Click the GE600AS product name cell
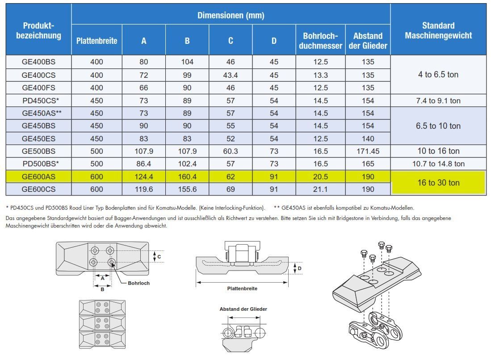click(x=38, y=177)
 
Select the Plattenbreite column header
click(x=97, y=41)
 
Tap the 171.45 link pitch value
click(x=368, y=151)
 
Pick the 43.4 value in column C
click(x=231, y=75)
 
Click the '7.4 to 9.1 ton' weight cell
click(x=438, y=101)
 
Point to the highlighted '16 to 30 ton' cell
click(x=438, y=182)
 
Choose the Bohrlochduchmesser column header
click(x=320, y=41)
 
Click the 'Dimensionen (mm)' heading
click(x=231, y=15)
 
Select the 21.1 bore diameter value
click(x=320, y=189)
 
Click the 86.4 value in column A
click(x=144, y=164)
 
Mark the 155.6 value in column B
click(x=187, y=189)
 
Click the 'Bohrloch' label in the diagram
click(x=138, y=283)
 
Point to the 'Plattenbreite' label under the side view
click(x=242, y=288)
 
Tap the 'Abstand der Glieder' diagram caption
click(x=243, y=309)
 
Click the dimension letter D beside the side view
click(x=299, y=268)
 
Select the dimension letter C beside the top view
click(x=159, y=257)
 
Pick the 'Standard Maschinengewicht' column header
click(x=438, y=30)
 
